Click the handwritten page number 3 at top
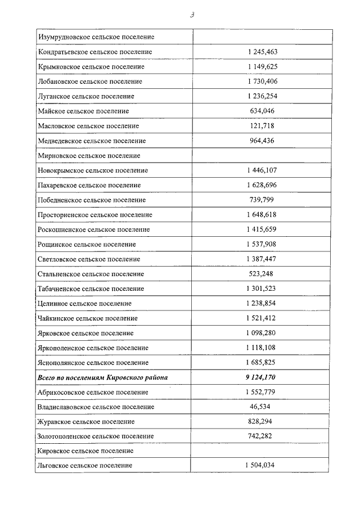coord(192,16)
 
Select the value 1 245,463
coord(262,52)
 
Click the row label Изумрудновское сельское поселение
coord(96,37)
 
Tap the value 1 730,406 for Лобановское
coord(262,82)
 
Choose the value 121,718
coord(262,126)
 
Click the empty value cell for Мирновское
coord(262,155)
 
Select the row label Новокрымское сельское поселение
coord(93,170)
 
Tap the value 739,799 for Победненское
coord(262,200)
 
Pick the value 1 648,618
coord(262,215)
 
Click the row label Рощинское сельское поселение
coord(87,244)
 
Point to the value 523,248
coord(262,274)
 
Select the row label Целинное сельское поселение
coord(84,303)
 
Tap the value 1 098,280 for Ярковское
coord(262,333)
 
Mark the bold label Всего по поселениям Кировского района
coord(102,377)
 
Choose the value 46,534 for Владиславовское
coord(262,407)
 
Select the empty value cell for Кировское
coord(262,451)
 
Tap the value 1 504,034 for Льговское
coord(262,465)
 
